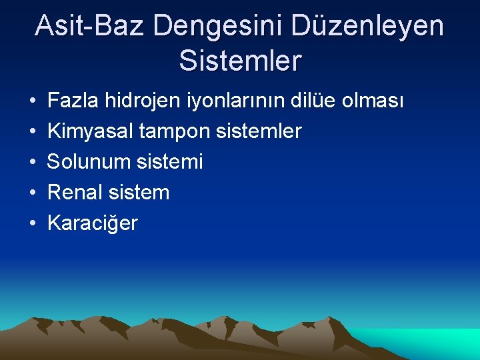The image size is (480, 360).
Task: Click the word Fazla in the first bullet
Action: (x=71, y=101)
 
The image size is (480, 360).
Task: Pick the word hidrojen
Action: (x=141, y=101)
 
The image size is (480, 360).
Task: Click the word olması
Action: (x=374, y=101)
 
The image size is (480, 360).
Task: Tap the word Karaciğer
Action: (x=93, y=223)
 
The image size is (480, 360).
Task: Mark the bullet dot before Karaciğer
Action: (x=33, y=223)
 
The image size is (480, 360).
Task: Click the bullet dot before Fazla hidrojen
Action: (x=33, y=101)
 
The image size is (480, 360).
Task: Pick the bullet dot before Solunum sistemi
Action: (x=33, y=162)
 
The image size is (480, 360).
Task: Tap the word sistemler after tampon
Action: (x=259, y=131)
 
